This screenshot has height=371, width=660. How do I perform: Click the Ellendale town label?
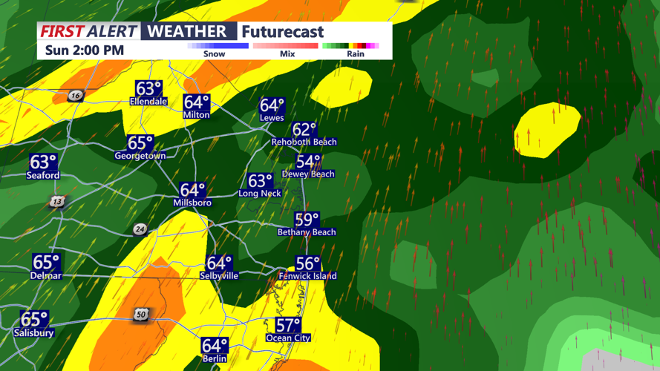tap(148, 102)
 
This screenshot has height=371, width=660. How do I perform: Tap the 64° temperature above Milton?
tap(197, 102)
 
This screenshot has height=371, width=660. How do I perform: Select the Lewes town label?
tap(272, 118)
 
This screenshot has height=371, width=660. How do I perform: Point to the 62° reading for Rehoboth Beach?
tap(304, 130)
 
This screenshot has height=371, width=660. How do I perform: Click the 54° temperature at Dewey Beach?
tap(308, 162)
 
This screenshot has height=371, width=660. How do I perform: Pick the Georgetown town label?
tap(140, 157)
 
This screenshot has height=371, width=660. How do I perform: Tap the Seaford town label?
tap(43, 176)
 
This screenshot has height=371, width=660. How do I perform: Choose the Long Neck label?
tap(260, 194)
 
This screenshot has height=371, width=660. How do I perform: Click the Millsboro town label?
tap(192, 203)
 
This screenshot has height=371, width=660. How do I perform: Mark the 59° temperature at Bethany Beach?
tap(307, 220)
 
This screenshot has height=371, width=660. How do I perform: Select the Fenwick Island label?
tap(307, 276)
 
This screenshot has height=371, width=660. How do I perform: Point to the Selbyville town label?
tap(219, 275)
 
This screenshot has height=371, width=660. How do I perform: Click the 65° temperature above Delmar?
tap(46, 263)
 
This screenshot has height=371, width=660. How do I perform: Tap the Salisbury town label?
tap(33, 333)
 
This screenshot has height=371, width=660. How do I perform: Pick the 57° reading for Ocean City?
tap(288, 325)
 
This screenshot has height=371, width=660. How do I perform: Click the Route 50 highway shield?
tap(141, 315)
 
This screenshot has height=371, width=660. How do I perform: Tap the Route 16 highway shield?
tap(75, 96)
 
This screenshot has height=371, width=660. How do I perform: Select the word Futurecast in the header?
tap(283, 32)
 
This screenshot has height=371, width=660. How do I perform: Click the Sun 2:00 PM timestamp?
tap(84, 50)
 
